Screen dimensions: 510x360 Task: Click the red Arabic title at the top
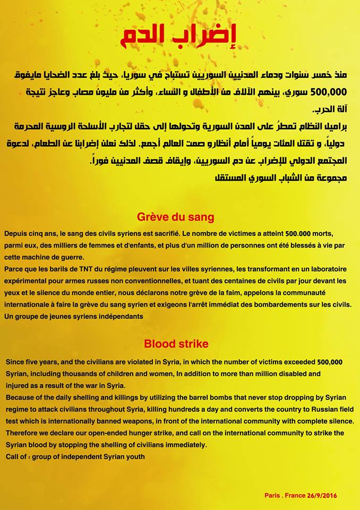point(180,36)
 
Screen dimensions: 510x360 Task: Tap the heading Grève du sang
point(175,217)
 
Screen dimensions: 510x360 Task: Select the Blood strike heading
point(176,343)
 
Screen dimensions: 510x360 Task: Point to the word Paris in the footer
point(273,495)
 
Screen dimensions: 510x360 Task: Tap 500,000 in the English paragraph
point(329,362)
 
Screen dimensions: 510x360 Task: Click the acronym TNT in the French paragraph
point(94,269)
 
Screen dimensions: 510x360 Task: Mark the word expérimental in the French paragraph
point(27,280)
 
